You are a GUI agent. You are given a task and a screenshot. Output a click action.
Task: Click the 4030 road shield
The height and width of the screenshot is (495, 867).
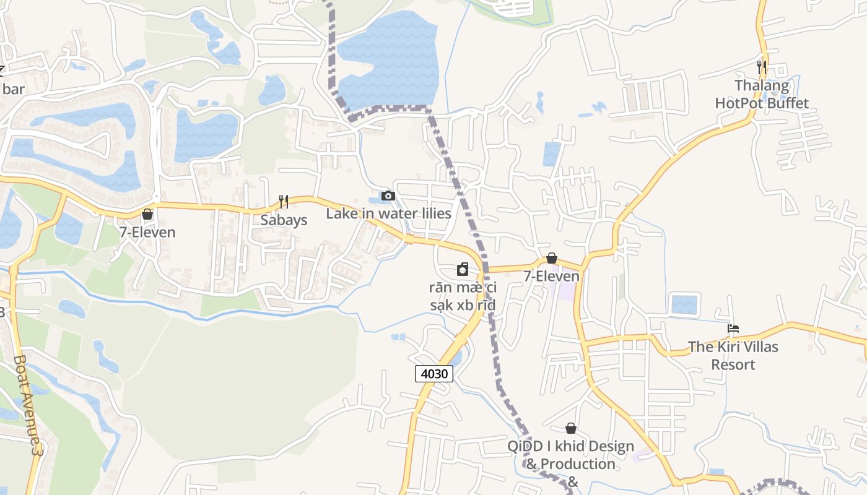coord(434,373)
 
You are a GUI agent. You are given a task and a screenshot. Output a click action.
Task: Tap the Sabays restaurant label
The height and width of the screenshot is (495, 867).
coord(284,220)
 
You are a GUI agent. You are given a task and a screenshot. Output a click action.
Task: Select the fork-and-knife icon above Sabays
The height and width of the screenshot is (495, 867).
coord(284,201)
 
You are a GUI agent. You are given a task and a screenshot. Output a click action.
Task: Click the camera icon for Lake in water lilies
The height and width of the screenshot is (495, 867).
coord(388,196)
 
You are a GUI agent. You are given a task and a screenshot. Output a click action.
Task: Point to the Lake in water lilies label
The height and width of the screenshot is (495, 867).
coord(388,214)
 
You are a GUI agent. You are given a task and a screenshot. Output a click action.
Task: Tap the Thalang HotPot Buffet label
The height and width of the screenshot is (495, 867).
coord(762,94)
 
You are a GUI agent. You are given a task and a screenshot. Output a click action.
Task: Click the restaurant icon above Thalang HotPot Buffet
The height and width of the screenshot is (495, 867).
coord(762,67)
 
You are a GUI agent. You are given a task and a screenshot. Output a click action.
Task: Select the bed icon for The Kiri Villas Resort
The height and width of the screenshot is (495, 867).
coord(733,329)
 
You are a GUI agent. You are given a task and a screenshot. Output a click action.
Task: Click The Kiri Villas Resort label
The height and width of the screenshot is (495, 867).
coord(733,355)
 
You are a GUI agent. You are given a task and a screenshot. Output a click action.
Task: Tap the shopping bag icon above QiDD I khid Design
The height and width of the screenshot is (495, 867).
coord(571,428)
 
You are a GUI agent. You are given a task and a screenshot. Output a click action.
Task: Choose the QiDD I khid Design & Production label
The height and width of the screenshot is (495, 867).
coord(570,455)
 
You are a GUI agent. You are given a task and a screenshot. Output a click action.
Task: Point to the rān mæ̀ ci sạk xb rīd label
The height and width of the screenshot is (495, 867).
coord(463,296)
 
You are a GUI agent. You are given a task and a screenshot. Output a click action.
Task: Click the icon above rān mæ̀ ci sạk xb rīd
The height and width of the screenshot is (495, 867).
coord(463,269)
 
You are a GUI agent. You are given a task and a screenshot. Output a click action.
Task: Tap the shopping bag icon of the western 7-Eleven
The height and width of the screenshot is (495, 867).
coord(147,214)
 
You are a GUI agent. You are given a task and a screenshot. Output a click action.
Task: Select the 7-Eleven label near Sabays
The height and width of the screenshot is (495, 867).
coord(147,233)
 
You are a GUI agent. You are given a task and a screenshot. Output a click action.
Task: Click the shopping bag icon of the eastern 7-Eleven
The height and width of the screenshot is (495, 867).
coord(552,258)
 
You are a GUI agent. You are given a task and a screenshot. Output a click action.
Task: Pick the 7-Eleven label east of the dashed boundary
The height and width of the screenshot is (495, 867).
coord(552,277)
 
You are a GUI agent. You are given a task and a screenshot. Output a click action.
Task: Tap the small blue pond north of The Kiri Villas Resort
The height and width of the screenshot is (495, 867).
coord(684,304)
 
